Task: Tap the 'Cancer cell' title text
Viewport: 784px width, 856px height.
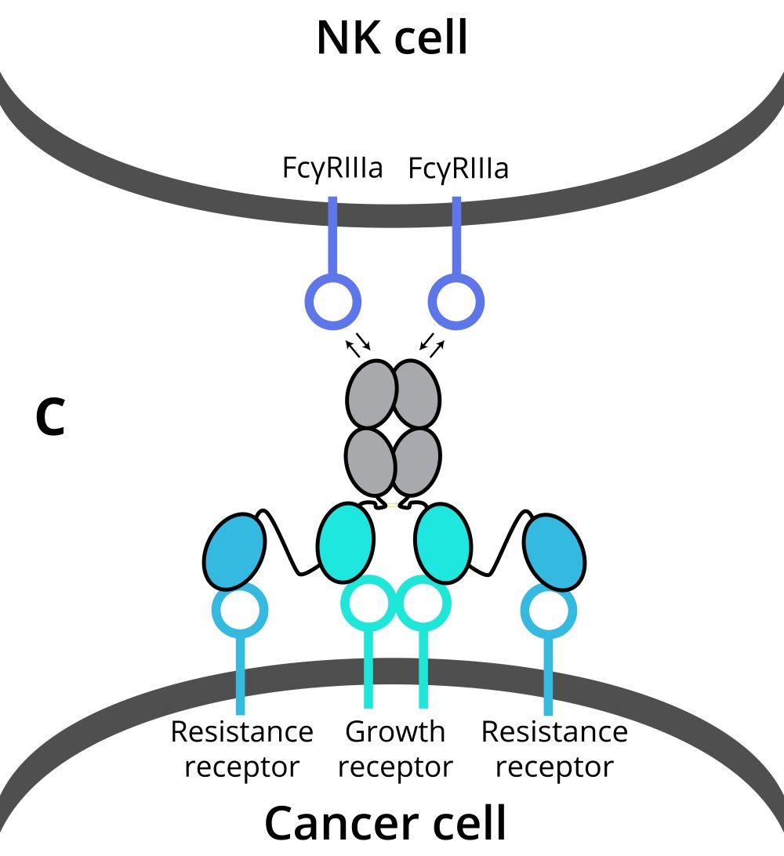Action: click(x=386, y=823)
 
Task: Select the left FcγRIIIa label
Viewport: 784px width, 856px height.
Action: click(x=332, y=168)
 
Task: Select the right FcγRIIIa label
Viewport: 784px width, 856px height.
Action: click(x=458, y=168)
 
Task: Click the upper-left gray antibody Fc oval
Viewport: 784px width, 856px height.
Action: click(x=372, y=393)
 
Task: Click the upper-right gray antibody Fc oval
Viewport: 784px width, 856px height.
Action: click(x=417, y=393)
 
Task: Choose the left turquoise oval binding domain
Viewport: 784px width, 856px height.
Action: click(x=346, y=542)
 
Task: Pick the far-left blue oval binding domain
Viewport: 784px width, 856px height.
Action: click(x=234, y=551)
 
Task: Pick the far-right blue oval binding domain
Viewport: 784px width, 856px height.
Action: click(x=555, y=551)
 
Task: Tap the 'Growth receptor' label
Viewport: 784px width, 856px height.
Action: click(x=395, y=749)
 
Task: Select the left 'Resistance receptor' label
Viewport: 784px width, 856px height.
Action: click(x=241, y=749)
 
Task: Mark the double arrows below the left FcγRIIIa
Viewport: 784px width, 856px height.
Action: click(x=358, y=345)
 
